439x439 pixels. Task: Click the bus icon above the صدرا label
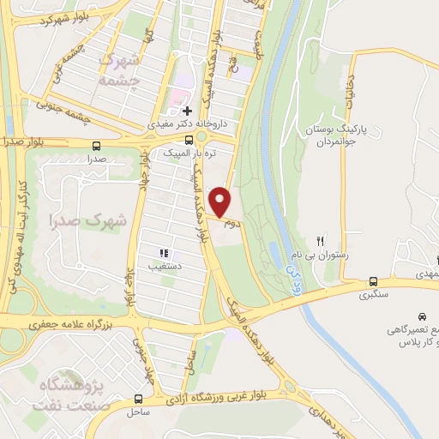tap(96, 145)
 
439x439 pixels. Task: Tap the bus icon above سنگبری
tap(373, 281)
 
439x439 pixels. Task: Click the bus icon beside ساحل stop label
tap(139, 399)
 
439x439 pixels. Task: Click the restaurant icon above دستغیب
tap(162, 253)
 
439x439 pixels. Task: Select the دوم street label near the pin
tap(229, 224)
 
